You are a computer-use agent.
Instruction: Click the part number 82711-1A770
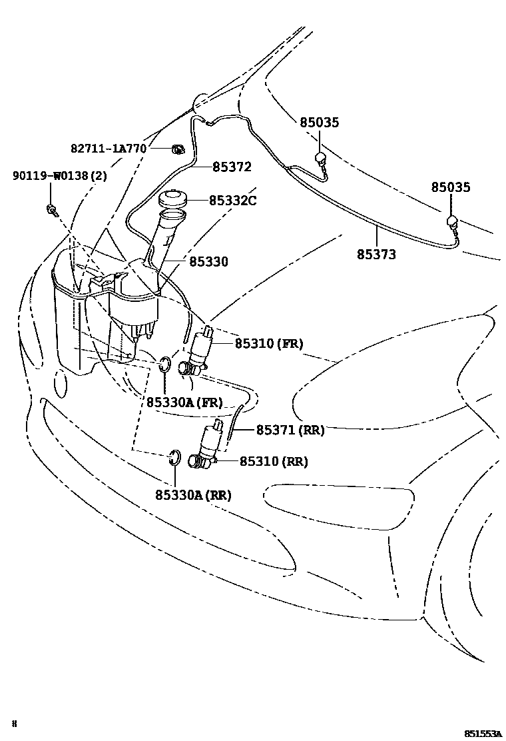108,148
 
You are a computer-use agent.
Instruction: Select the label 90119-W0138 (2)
59,176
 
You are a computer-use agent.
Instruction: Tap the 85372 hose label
232,167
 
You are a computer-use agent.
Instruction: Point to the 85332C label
232,200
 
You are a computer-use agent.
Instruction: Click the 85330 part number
208,262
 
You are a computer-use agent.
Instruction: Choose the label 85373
376,254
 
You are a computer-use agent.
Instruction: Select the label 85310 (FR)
268,344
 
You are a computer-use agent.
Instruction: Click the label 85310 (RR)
273,461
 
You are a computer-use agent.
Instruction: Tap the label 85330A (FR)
184,402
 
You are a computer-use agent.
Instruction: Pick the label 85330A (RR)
193,494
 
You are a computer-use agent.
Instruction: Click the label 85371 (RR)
290,430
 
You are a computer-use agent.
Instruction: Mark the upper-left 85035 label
319,123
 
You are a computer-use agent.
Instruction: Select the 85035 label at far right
450,187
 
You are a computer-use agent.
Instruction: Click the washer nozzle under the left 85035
320,158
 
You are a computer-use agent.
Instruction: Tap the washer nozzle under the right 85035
451,221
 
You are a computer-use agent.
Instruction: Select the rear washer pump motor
208,443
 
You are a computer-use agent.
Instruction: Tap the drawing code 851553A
483,733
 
